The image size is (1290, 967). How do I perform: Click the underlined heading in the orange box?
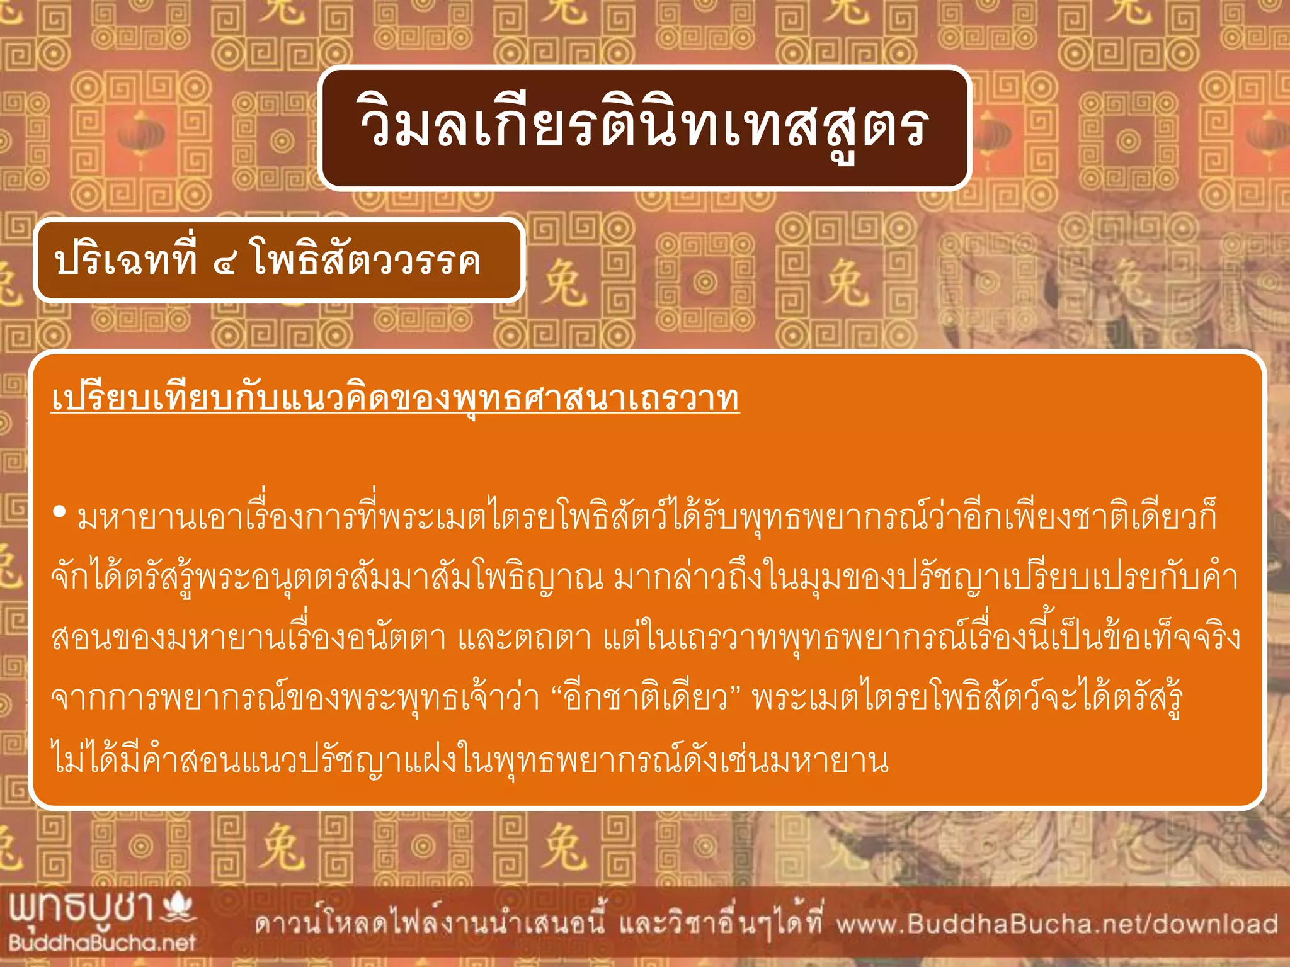(395, 399)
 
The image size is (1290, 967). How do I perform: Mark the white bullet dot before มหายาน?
(60, 512)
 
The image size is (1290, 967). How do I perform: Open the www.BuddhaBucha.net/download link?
(1056, 924)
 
